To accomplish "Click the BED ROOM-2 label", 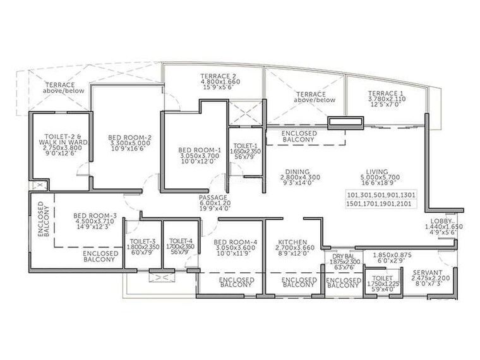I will [129, 137].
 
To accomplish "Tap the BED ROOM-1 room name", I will [200, 150].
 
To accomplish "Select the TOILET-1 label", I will [240, 145].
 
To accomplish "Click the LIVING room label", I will [359, 170].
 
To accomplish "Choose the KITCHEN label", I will [292, 242].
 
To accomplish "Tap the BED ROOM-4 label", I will [235, 242].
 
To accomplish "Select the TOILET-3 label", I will [143, 241].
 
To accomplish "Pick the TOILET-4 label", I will [181, 241].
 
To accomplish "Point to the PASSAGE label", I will [213, 198].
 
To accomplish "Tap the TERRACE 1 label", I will [387, 93].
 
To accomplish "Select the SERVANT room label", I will [426, 273].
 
